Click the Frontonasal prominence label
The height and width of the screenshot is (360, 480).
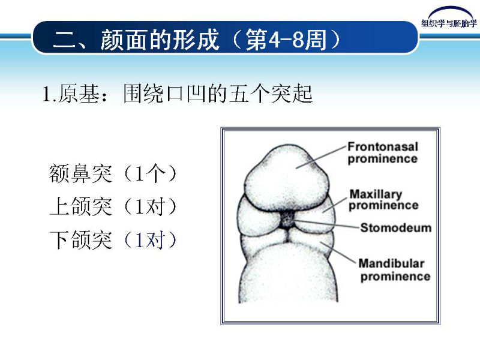click(382, 152)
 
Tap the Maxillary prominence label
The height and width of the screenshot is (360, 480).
click(383, 200)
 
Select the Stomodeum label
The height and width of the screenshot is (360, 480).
click(395, 228)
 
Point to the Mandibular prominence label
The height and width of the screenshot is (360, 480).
click(394, 270)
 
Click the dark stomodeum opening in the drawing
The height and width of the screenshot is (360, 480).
click(287, 220)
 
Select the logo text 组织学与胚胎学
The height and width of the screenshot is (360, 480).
click(449, 23)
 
